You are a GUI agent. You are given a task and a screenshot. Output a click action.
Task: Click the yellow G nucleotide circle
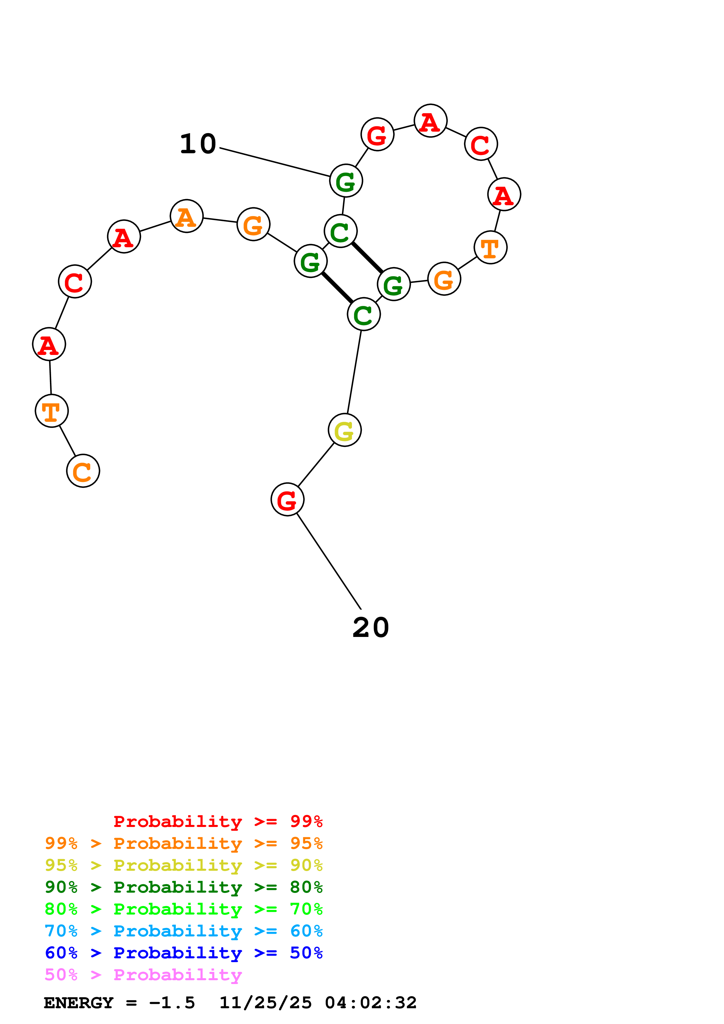tap(344, 430)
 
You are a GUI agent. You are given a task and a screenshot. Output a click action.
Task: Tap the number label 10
tap(198, 144)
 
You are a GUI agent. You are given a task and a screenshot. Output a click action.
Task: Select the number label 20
tap(370, 628)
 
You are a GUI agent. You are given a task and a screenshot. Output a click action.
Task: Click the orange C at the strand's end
tap(83, 471)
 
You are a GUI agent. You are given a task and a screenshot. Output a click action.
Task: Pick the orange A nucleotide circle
tap(186, 216)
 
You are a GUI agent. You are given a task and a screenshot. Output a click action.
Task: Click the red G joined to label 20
tap(287, 499)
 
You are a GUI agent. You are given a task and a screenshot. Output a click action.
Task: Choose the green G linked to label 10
tap(346, 181)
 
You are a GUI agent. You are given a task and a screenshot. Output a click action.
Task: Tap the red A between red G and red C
tap(430, 121)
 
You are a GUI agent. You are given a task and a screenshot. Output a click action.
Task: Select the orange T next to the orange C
tap(52, 411)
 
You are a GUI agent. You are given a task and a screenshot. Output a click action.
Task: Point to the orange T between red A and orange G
tap(490, 248)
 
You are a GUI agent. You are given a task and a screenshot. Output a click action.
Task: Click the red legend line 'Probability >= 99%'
tap(218, 821)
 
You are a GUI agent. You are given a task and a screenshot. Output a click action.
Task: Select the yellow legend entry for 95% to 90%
tap(183, 865)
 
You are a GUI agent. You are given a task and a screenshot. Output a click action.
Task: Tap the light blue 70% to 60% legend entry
tap(183, 931)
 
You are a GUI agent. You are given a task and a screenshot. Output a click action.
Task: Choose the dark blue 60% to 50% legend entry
tap(183, 953)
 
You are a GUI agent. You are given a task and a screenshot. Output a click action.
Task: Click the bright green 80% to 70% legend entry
tap(183, 909)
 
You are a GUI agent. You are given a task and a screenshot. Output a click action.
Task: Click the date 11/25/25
tap(265, 1003)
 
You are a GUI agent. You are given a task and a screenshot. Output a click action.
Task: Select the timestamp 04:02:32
tap(370, 1003)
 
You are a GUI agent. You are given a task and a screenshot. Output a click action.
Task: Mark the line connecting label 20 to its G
tap(329, 561)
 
